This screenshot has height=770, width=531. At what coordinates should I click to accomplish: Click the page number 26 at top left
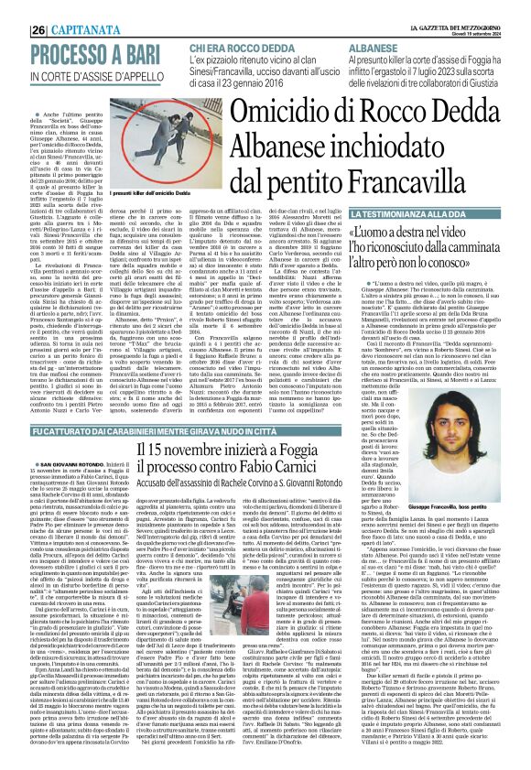(x=15, y=30)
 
